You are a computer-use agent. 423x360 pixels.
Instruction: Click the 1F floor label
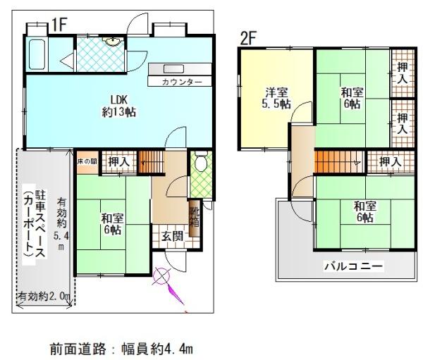(x=59, y=25)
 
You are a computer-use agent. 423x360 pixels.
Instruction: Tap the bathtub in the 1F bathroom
(x=37, y=54)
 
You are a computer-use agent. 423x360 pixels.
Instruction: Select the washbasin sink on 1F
(x=112, y=42)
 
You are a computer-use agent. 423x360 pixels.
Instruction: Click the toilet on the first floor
(x=201, y=161)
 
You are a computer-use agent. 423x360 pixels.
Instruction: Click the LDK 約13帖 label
(x=119, y=106)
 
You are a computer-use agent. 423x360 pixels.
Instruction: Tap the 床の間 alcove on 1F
(x=87, y=162)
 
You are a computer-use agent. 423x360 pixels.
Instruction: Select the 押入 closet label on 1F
(x=119, y=162)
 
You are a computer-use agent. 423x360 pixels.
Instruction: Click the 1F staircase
(x=152, y=161)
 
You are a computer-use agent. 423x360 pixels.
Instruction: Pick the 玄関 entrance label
(x=173, y=237)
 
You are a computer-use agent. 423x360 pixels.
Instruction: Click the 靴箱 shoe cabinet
(x=195, y=218)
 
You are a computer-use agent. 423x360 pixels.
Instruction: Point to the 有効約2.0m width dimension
(x=44, y=297)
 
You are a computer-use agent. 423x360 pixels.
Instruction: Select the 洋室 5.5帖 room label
(x=276, y=98)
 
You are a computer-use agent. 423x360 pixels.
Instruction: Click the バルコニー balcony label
(x=353, y=266)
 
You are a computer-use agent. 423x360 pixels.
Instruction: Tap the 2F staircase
(x=339, y=162)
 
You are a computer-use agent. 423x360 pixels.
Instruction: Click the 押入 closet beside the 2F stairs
(x=390, y=161)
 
